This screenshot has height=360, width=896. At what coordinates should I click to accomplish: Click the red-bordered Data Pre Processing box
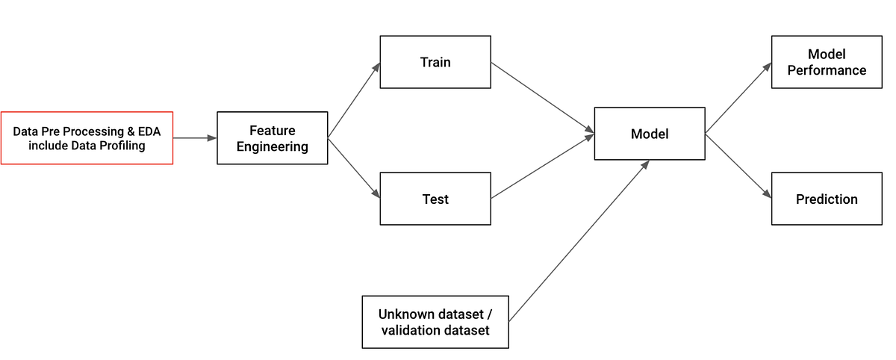(x=87, y=138)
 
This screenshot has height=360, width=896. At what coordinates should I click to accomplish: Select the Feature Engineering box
(x=272, y=138)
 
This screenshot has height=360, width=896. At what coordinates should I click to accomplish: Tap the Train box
(x=435, y=62)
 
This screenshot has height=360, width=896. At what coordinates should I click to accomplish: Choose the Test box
(x=435, y=199)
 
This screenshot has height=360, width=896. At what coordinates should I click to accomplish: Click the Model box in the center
(x=649, y=134)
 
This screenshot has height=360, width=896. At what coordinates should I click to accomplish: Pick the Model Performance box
(x=827, y=62)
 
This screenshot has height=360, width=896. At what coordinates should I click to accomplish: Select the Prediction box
(x=827, y=199)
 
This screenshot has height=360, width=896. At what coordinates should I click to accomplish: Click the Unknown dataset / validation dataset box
(x=435, y=322)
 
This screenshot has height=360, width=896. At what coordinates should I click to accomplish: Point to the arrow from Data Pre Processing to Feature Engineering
(x=195, y=138)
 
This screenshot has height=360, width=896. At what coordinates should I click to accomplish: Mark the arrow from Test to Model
(x=543, y=167)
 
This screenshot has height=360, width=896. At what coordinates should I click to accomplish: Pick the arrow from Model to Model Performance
(x=738, y=99)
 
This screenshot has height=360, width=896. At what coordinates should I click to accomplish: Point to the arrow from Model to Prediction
(x=738, y=166)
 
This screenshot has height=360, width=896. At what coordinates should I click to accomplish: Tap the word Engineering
(x=272, y=146)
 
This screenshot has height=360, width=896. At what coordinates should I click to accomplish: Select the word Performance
(x=827, y=70)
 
